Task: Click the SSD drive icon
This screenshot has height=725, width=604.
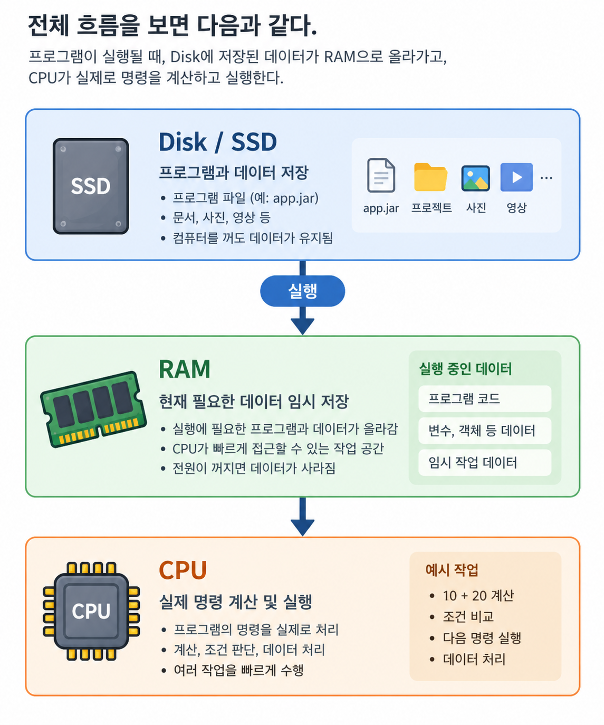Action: [91, 186]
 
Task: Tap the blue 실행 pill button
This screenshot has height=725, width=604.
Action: [302, 291]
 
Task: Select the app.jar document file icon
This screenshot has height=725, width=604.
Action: [381, 175]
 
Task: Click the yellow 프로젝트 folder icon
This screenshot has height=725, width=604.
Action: [430, 177]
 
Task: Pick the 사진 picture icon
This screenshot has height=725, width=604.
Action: [476, 178]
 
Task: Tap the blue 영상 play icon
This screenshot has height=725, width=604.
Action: [516, 177]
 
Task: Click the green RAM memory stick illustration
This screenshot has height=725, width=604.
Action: [93, 409]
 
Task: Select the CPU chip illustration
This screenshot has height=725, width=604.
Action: [91, 611]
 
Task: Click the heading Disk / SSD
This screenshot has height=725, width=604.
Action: [218, 142]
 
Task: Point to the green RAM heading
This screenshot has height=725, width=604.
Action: [184, 369]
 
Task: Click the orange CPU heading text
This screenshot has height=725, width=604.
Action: [183, 570]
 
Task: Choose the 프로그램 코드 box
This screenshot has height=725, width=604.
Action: [485, 398]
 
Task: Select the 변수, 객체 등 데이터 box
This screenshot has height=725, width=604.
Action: [485, 431]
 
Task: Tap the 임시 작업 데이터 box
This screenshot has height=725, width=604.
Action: [485, 463]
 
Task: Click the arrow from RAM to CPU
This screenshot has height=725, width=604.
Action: [302, 517]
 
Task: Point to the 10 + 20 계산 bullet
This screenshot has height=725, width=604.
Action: [478, 596]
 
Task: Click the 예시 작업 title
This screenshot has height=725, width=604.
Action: [452, 570]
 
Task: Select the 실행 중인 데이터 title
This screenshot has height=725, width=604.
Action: [465, 369]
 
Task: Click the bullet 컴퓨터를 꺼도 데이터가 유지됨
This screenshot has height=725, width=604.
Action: [252, 238]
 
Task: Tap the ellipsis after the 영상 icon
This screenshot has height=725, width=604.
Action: [546, 178]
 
